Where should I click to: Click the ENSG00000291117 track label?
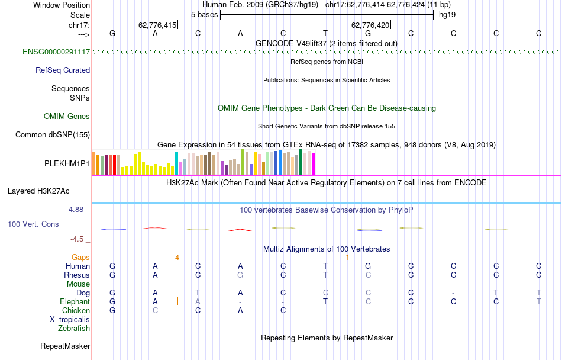coord(56,52)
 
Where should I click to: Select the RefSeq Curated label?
coord(63,70)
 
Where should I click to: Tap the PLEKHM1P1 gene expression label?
coord(67,163)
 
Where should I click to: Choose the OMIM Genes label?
coord(67,117)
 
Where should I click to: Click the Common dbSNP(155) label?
coord(53,134)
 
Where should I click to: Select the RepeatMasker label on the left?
coord(65,346)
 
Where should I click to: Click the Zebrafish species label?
coord(74,328)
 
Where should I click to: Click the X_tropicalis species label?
coord(70,319)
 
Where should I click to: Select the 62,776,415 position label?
coord(157,25)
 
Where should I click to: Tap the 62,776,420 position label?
coord(370,25)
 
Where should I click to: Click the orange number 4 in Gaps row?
coord(177,257)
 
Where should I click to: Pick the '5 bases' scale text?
coord(204,14)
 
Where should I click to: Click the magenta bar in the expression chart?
coord(314,163)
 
